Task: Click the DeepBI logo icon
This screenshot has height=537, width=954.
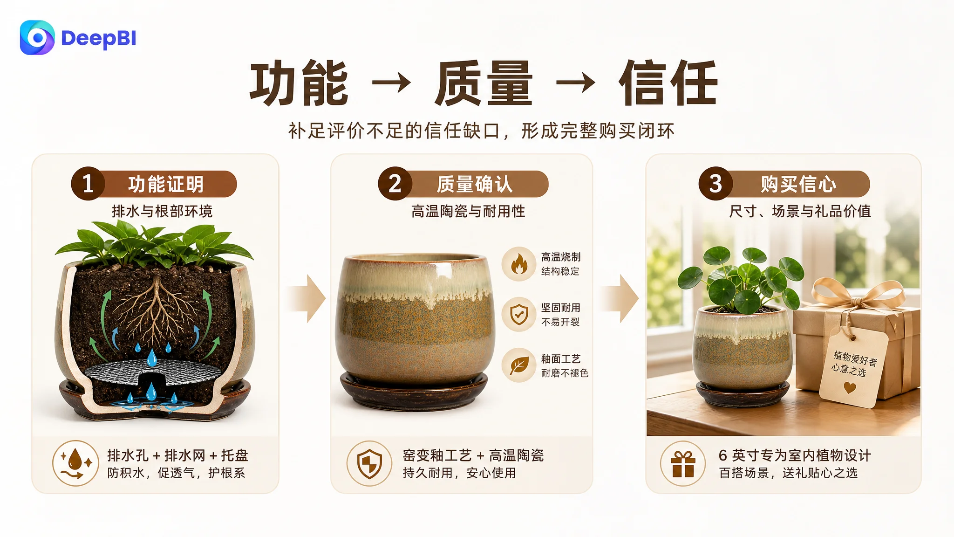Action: (x=37, y=37)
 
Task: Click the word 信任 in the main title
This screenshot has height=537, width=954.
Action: (x=668, y=83)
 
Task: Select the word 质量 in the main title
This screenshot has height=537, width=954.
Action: (x=484, y=83)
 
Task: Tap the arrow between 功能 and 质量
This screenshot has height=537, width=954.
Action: (x=391, y=83)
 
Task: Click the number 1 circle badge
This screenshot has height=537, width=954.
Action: (x=88, y=184)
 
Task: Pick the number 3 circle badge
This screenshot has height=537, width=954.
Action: (x=715, y=184)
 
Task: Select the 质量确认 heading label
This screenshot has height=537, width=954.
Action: (x=475, y=184)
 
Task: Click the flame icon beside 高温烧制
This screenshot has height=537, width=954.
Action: (x=519, y=264)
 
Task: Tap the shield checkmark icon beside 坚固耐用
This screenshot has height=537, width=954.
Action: (x=519, y=315)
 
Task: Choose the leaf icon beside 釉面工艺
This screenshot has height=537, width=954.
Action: (x=519, y=365)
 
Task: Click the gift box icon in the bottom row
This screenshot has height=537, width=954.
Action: (x=683, y=464)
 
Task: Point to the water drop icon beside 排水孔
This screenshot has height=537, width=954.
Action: (x=75, y=463)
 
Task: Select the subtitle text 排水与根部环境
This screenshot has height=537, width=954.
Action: (x=162, y=211)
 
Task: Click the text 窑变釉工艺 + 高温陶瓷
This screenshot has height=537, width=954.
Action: (x=473, y=455)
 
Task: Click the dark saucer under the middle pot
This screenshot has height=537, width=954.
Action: (x=414, y=392)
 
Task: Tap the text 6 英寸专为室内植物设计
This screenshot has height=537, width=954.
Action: (x=795, y=455)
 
